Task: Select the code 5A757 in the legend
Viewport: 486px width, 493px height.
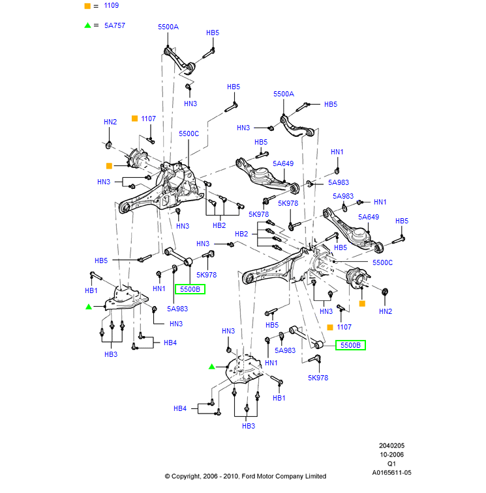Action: (x=115, y=25)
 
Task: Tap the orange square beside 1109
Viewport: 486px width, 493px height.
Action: (x=87, y=6)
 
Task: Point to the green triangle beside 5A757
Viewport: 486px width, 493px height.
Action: (x=87, y=25)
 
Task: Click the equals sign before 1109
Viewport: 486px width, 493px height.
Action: (x=96, y=6)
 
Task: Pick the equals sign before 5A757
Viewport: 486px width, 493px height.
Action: (x=96, y=25)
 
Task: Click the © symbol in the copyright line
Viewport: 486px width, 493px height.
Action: (x=167, y=477)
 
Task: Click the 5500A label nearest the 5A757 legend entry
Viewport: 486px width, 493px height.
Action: (x=168, y=27)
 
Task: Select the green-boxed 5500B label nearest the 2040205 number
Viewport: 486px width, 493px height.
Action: (x=350, y=345)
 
